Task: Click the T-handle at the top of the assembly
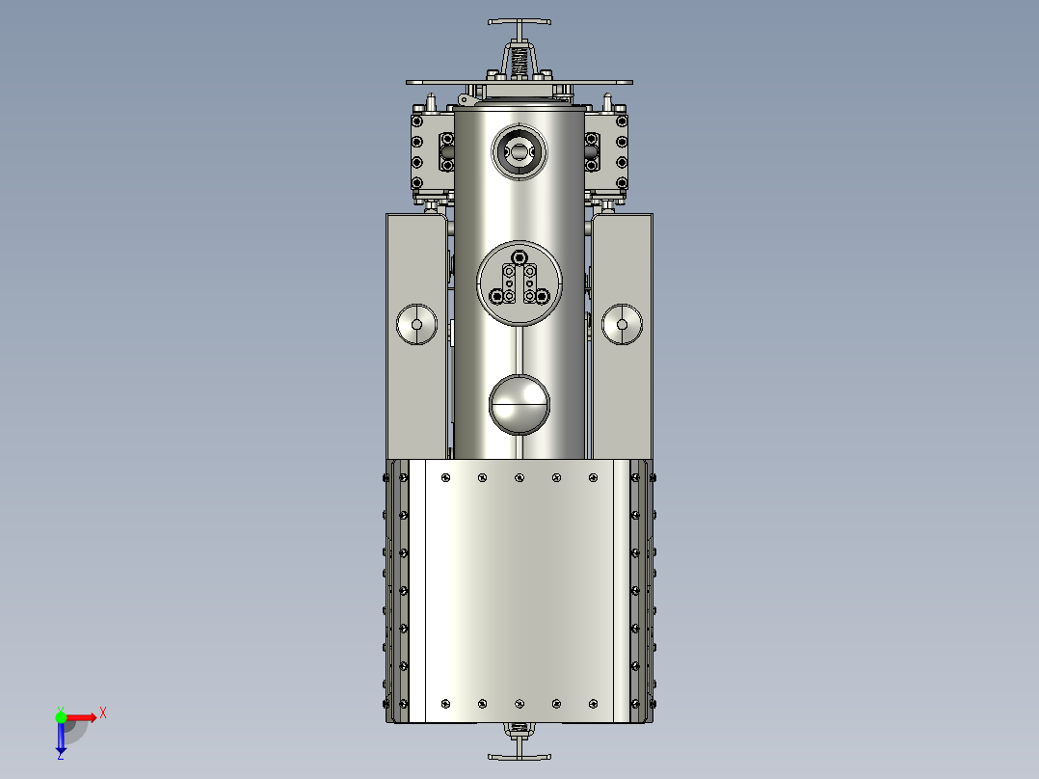[x=519, y=22]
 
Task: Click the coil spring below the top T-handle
[x=519, y=60]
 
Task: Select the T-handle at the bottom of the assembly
[x=519, y=757]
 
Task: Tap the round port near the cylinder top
[x=519, y=151]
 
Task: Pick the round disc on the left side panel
[x=417, y=325]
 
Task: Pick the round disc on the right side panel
[x=623, y=325]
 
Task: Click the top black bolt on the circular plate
[x=519, y=257]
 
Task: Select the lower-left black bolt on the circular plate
[x=497, y=296]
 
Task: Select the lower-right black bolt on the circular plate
[x=542, y=296]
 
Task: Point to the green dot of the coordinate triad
[x=61, y=716]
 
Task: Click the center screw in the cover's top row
[x=519, y=477]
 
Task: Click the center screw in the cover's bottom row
[x=519, y=703]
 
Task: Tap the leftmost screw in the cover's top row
[x=445, y=477]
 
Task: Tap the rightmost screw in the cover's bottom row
[x=594, y=703]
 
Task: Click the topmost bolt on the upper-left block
[x=417, y=121]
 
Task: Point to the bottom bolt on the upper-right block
[x=622, y=183]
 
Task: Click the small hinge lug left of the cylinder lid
[x=466, y=99]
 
